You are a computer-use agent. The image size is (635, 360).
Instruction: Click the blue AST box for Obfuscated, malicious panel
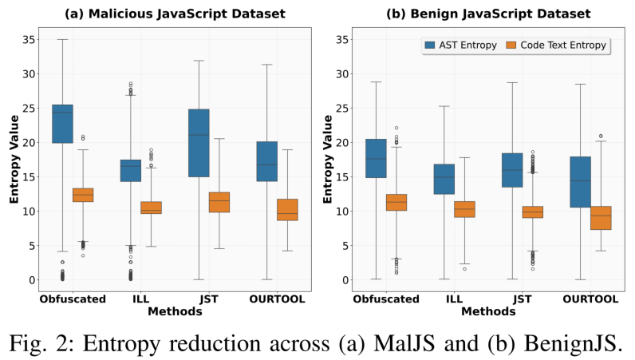(x=62, y=124)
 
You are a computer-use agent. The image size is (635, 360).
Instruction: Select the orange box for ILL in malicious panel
(x=151, y=208)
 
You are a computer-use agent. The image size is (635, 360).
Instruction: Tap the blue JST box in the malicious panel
(x=199, y=143)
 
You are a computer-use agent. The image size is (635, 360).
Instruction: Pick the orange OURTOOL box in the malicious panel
(x=288, y=209)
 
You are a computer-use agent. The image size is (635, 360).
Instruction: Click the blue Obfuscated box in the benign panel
(x=376, y=158)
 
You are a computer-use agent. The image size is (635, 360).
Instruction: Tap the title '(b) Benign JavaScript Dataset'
(x=489, y=14)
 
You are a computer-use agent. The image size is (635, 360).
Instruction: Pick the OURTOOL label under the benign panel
(x=591, y=299)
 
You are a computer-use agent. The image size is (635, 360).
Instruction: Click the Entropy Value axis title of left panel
(x=14, y=160)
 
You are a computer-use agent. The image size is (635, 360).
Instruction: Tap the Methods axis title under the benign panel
(x=488, y=311)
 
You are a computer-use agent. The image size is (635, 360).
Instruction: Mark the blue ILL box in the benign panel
(x=444, y=179)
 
